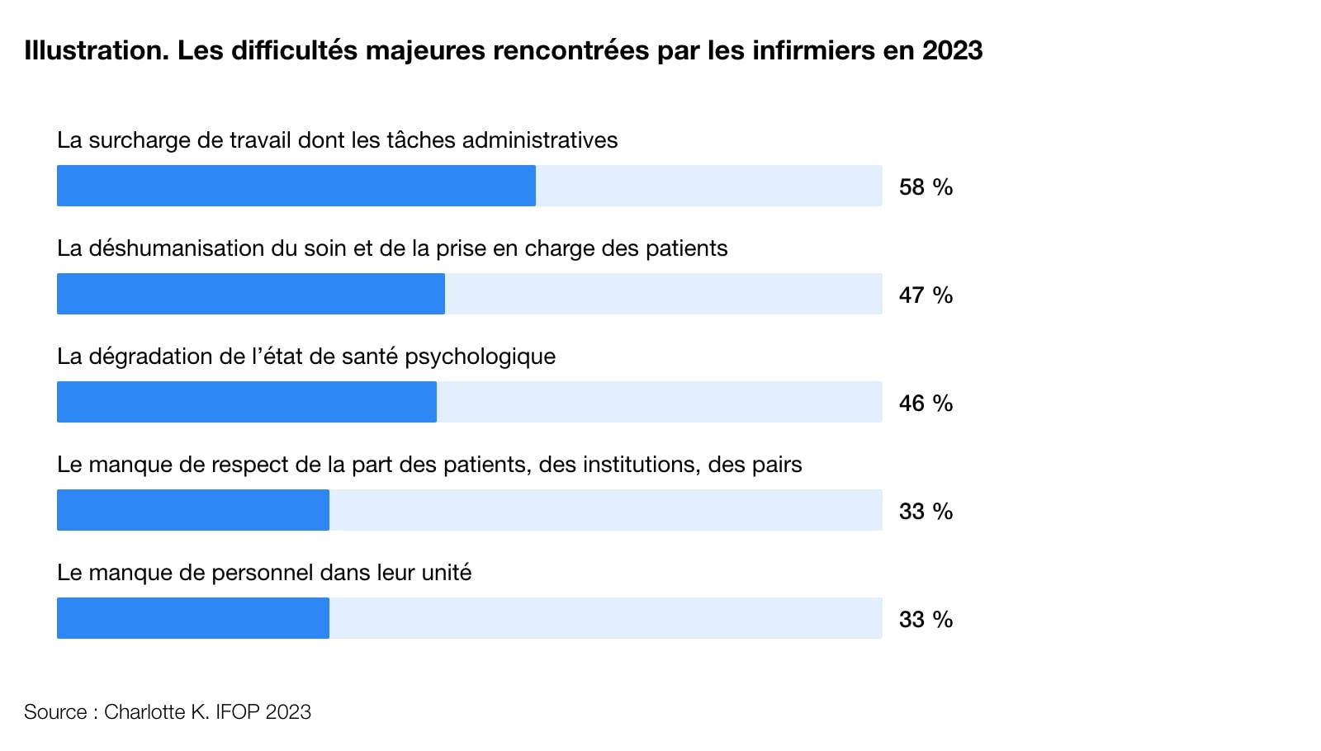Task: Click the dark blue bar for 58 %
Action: point(296,186)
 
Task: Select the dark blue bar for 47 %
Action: point(250,294)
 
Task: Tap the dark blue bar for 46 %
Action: point(246,402)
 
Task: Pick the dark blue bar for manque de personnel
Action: point(192,618)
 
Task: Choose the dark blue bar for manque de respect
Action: point(192,510)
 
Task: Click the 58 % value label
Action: point(926,187)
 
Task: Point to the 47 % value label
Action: point(926,295)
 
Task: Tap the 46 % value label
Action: point(926,404)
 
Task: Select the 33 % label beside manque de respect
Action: point(926,512)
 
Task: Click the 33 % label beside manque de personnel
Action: point(926,620)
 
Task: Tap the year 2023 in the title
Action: point(952,50)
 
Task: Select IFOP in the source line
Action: point(238,712)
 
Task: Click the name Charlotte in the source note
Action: point(144,712)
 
